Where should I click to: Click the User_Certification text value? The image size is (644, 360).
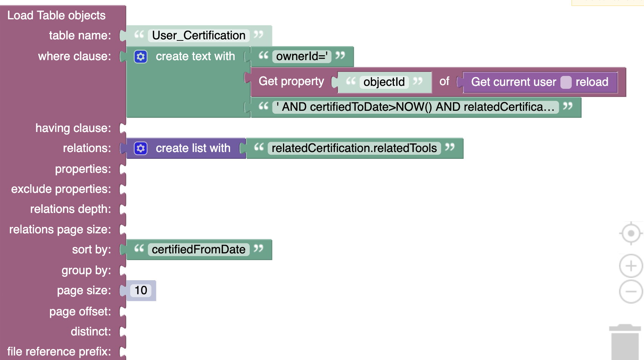[x=199, y=36]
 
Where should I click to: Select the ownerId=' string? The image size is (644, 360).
[x=302, y=56]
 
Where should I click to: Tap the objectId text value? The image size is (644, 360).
[x=384, y=82]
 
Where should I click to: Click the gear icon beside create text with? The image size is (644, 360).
[x=141, y=57]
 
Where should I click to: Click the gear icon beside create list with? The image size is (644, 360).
[x=141, y=148]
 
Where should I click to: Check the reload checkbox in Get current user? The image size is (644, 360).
[x=566, y=82]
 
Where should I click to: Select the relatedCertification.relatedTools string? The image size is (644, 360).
[x=354, y=148]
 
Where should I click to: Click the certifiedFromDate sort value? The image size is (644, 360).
[x=199, y=250]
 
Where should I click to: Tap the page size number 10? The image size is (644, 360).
[x=141, y=290]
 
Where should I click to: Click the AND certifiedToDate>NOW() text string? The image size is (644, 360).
[x=415, y=107]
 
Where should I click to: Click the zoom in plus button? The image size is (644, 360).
[x=630, y=266]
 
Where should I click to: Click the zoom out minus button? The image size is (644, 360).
[x=630, y=292]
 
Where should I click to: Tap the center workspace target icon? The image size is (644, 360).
[x=630, y=233]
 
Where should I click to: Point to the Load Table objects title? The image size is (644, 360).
[x=56, y=16]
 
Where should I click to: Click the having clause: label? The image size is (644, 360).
[x=73, y=128]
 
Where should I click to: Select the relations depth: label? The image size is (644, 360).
[x=70, y=209]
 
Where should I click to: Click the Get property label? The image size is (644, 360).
[x=291, y=81]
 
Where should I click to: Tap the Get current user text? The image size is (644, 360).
[x=513, y=82]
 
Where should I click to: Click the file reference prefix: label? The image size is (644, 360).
[x=59, y=352]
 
